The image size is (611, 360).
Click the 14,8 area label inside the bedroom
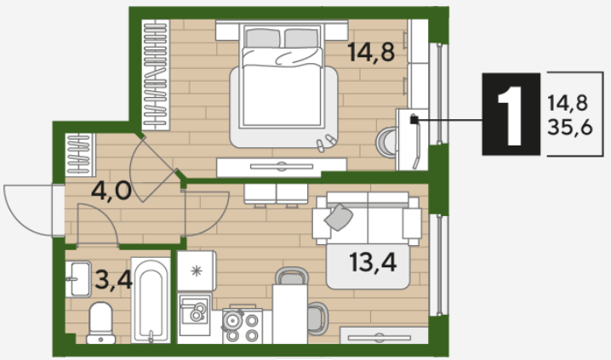click(x=371, y=52)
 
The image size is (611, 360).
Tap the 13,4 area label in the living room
click(x=373, y=262)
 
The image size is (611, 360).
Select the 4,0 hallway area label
click(x=111, y=191)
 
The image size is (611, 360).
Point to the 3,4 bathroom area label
click(x=113, y=279)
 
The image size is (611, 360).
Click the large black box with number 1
click(x=511, y=114)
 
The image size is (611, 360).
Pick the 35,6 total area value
click(x=569, y=127)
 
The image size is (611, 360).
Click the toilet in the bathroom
click(x=101, y=323)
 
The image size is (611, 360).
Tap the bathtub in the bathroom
click(x=151, y=300)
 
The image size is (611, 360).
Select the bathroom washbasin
click(x=78, y=279)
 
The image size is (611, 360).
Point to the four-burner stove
click(x=242, y=326)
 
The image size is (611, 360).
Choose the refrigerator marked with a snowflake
click(x=197, y=271)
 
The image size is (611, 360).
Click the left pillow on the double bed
click(x=263, y=38)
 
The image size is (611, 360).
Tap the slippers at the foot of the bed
click(x=326, y=143)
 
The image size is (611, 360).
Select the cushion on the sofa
click(x=339, y=217)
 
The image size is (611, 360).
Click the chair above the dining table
click(x=292, y=276)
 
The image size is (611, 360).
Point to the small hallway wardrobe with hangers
click(x=80, y=155)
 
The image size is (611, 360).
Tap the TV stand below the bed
click(x=282, y=167)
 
